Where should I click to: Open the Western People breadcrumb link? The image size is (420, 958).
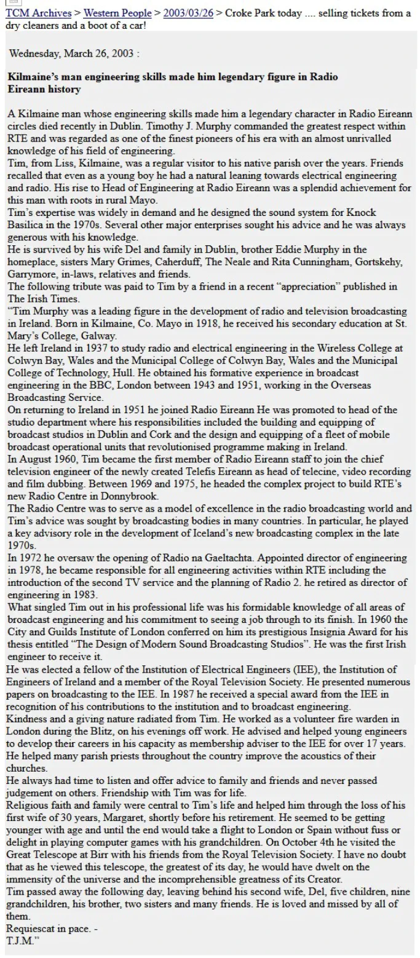117,14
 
